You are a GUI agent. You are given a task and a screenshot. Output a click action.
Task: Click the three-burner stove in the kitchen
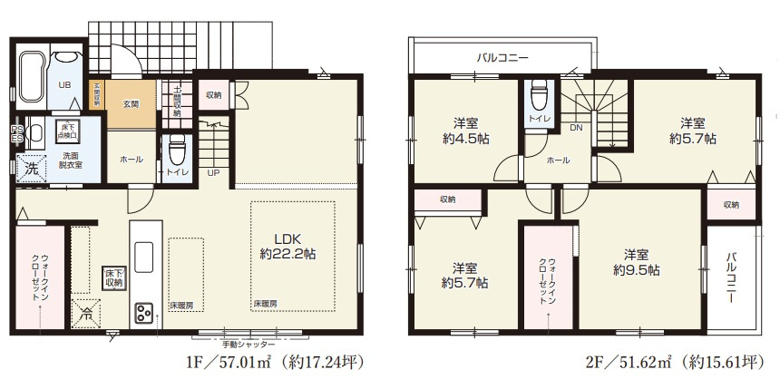[145, 313]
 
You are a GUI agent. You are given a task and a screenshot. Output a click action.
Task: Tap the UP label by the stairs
[213, 172]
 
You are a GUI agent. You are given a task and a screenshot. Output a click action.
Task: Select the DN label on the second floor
[576, 128]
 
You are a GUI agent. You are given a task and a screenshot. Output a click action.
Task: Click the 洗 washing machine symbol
[32, 168]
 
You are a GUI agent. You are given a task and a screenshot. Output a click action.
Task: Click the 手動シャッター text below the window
[248, 344]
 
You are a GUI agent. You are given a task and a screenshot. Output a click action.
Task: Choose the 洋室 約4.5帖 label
[465, 131]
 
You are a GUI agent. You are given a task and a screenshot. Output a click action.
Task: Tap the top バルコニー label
[502, 57]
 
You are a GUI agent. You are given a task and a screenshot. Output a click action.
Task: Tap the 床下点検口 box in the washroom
[68, 130]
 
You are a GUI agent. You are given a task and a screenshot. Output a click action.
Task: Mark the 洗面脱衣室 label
[65, 160]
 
